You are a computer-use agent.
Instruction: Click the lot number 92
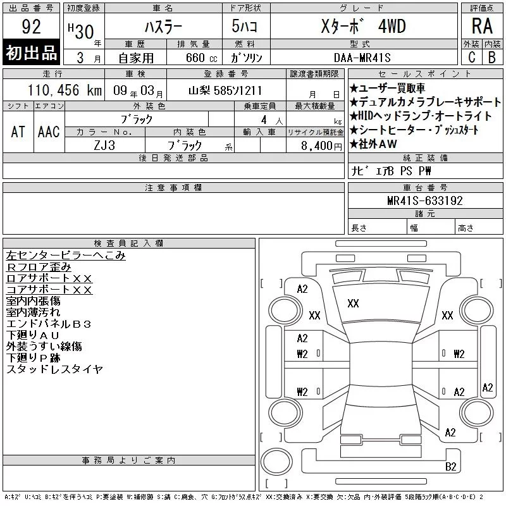pyautogui.click(x=31, y=27)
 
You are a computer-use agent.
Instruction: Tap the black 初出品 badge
pyautogui.click(x=31, y=52)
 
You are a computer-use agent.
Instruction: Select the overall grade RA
pyautogui.click(x=482, y=26)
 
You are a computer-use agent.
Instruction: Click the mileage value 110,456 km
pyautogui.click(x=65, y=90)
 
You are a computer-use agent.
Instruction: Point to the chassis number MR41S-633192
pyautogui.click(x=425, y=201)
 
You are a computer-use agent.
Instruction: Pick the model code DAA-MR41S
pyautogui.click(x=362, y=58)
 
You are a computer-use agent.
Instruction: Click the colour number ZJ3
pyautogui.click(x=104, y=145)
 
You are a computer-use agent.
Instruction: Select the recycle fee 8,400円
pyautogui.click(x=321, y=146)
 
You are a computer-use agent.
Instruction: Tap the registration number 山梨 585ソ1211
pyautogui.click(x=225, y=90)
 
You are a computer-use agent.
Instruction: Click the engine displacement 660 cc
pyautogui.click(x=201, y=58)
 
